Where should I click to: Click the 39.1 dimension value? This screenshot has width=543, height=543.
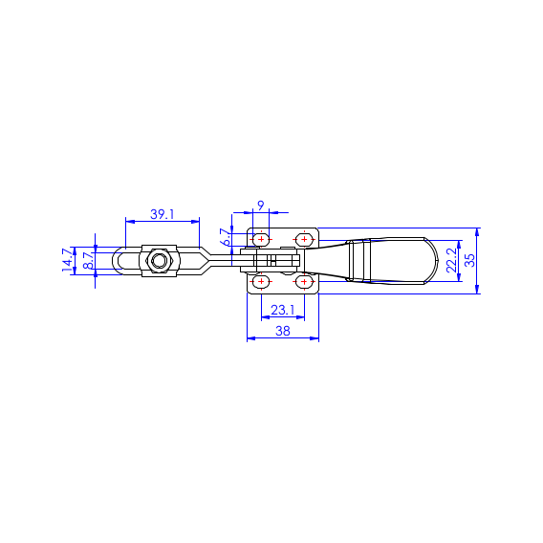[x=163, y=215]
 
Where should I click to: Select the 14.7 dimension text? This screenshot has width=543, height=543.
[x=68, y=260]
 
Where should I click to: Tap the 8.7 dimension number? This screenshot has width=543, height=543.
[x=89, y=260]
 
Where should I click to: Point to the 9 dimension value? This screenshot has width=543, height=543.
[x=261, y=206]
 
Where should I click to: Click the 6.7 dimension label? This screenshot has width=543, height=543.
[x=226, y=237]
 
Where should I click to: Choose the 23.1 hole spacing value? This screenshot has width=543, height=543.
[x=283, y=310]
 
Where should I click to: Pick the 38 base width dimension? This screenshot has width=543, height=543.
[x=283, y=331]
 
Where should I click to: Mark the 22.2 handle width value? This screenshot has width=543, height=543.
[x=451, y=260]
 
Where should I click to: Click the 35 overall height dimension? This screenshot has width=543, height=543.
[x=470, y=260]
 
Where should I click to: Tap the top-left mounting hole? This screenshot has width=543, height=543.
[x=261, y=239]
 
